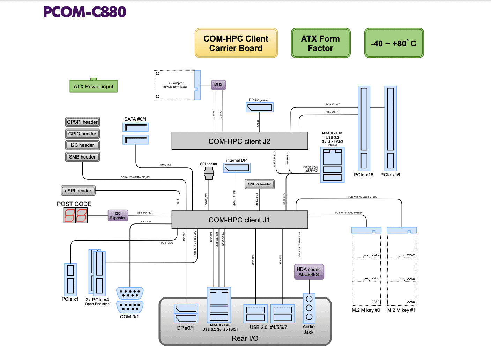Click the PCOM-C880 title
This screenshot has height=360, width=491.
click(x=84, y=12)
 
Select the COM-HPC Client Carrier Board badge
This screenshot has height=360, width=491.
click(x=236, y=43)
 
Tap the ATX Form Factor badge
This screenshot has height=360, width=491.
click(x=321, y=43)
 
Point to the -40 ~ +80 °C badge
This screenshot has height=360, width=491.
click(x=394, y=43)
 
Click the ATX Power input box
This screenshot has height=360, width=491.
click(x=94, y=86)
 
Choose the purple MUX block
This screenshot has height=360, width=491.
click(x=218, y=85)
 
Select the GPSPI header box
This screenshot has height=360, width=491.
click(x=83, y=122)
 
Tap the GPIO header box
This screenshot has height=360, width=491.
click(x=83, y=134)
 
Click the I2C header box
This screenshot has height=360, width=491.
click(x=83, y=145)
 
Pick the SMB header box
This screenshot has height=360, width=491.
click(x=83, y=157)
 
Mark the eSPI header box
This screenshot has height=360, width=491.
click(x=78, y=191)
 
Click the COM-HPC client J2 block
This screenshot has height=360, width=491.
click(x=240, y=141)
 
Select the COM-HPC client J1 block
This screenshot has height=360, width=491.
click(x=240, y=220)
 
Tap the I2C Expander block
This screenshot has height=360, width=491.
click(x=118, y=215)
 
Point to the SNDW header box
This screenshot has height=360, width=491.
click(x=260, y=184)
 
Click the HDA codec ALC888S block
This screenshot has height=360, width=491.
click(x=309, y=272)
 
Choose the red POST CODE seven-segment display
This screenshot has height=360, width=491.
click(x=75, y=215)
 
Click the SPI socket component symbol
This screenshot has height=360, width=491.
click(x=209, y=173)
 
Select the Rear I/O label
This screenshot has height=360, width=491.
click(x=245, y=338)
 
